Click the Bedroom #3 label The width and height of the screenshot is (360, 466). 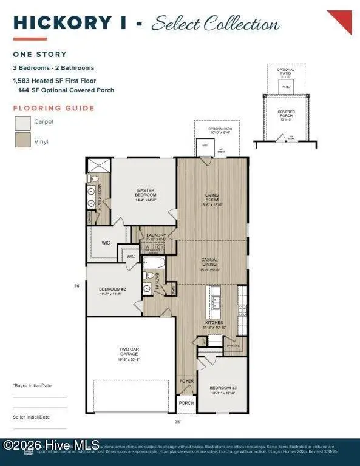(223, 387)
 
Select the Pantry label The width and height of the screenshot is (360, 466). (233, 346)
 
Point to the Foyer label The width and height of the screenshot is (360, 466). (186, 382)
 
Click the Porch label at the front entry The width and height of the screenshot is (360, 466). (186, 402)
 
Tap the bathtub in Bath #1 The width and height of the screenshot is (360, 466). (154, 263)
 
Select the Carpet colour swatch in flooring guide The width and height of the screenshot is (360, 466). (23, 124)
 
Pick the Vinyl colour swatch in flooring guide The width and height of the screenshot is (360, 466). (23, 141)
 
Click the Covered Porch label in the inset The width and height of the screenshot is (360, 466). (286, 113)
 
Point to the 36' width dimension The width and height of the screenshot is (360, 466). (177, 421)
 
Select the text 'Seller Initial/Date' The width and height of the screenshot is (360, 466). (32, 417)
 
